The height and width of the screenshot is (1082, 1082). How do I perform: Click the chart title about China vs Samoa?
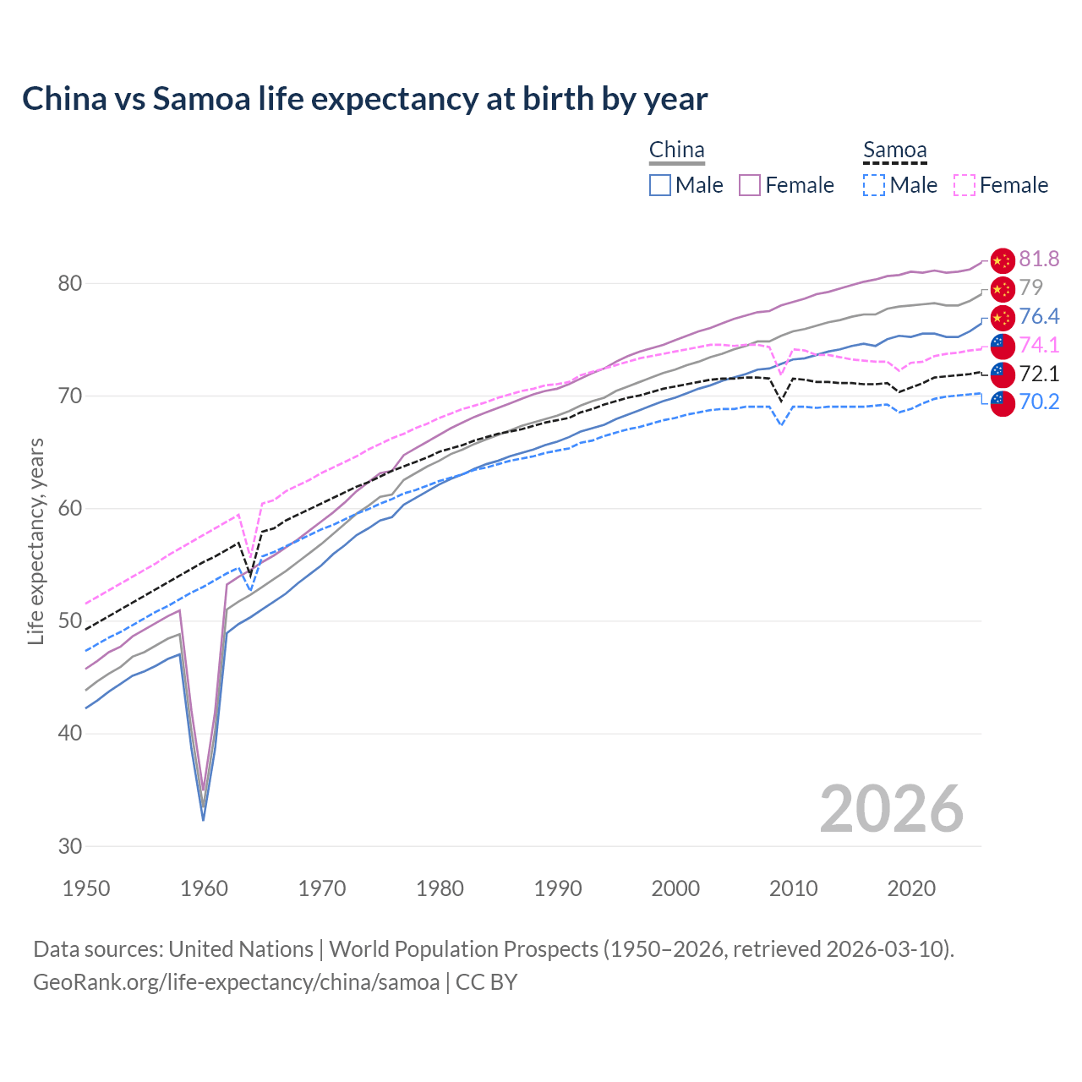click(x=364, y=99)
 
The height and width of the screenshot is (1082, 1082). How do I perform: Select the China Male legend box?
click(x=660, y=185)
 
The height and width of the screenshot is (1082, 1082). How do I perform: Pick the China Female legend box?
click(x=751, y=185)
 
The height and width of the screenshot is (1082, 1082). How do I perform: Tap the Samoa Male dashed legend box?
click(x=874, y=185)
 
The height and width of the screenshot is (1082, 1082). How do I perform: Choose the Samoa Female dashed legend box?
click(x=965, y=185)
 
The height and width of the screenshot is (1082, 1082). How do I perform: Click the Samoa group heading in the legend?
click(x=894, y=150)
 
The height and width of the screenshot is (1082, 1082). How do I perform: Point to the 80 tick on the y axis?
click(x=70, y=284)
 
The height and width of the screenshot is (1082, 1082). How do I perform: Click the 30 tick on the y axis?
click(x=70, y=846)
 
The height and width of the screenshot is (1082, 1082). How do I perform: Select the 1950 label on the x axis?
click(x=86, y=888)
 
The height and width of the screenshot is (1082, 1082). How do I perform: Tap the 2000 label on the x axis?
click(x=675, y=888)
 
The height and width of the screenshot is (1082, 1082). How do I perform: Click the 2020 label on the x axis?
click(x=911, y=888)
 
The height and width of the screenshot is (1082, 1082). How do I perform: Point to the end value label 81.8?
click(x=1039, y=260)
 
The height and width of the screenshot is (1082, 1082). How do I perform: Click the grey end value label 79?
click(x=1030, y=288)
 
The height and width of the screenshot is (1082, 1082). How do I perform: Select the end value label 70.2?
click(x=1039, y=402)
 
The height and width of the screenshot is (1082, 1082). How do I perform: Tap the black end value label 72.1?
click(x=1039, y=374)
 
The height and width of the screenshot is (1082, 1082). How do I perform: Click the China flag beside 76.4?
click(x=1002, y=318)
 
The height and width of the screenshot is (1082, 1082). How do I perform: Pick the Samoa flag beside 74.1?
click(x=1002, y=346)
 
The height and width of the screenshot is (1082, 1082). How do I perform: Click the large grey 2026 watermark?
click(x=891, y=809)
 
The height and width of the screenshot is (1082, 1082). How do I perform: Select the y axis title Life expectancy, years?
click(x=36, y=541)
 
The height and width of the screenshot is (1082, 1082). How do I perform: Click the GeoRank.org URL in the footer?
click(x=236, y=982)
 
